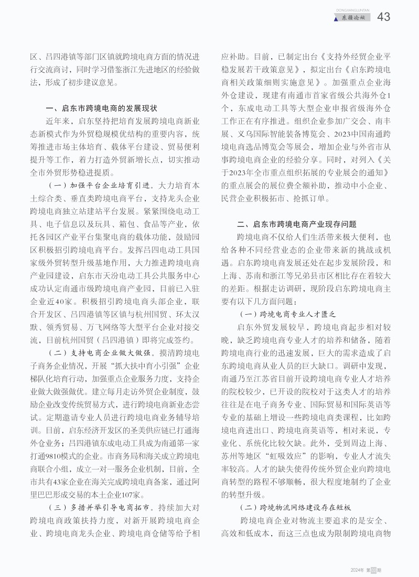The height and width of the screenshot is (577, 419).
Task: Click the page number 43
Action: click(x=383, y=17)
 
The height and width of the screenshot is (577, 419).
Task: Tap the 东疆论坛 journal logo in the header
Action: click(x=352, y=18)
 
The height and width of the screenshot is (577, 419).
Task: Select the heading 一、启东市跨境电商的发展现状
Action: click(x=102, y=109)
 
